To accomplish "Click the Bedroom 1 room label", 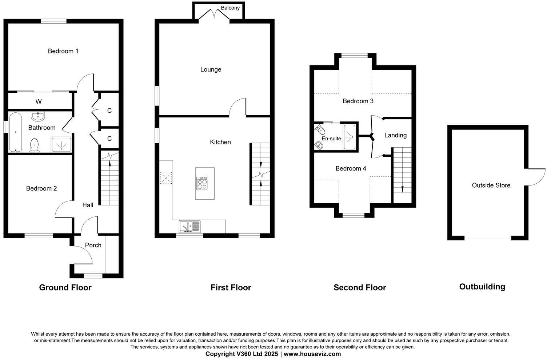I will click(x=63, y=51).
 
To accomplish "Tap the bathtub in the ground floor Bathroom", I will click(x=15, y=132).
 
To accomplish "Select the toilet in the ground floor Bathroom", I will click(x=35, y=145).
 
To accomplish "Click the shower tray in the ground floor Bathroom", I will click(x=61, y=144).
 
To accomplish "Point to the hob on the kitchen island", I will click(x=202, y=183).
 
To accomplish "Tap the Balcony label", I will click(x=230, y=8).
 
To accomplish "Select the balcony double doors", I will click(x=215, y=15).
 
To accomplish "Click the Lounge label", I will click(x=211, y=69).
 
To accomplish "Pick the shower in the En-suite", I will click(x=350, y=137).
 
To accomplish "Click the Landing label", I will click(x=395, y=135).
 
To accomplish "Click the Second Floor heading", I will click(x=360, y=288).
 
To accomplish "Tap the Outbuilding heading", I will click(x=482, y=287).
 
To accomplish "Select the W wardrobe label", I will click(x=38, y=101).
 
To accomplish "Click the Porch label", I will click(x=93, y=245).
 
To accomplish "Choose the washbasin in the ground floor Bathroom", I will click(x=38, y=116).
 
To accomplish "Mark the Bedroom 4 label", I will click(x=351, y=168).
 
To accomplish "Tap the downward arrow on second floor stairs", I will click(x=402, y=188).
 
